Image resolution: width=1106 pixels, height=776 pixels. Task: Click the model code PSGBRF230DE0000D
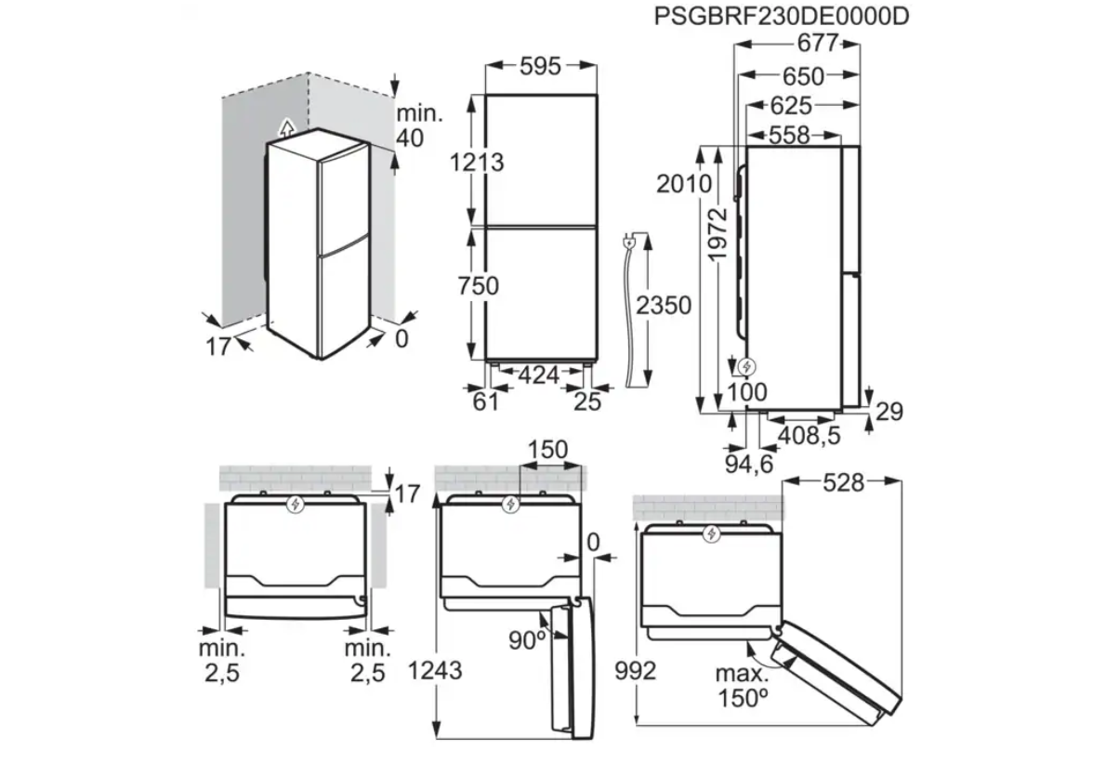click(x=782, y=16)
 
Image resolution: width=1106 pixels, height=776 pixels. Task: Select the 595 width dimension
click(x=540, y=66)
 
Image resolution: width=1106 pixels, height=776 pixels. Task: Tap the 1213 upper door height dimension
click(x=478, y=163)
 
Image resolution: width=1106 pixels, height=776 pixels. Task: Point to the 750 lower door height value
click(x=479, y=285)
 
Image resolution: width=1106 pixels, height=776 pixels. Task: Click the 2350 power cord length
click(x=663, y=305)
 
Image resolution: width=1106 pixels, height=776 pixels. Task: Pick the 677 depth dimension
click(x=818, y=43)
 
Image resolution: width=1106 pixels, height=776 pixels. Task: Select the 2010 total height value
click(x=684, y=183)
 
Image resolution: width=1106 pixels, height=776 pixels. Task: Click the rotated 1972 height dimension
click(x=718, y=233)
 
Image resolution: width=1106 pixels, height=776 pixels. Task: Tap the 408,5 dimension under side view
click(x=809, y=435)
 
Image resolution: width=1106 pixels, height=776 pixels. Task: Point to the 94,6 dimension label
click(x=749, y=464)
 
